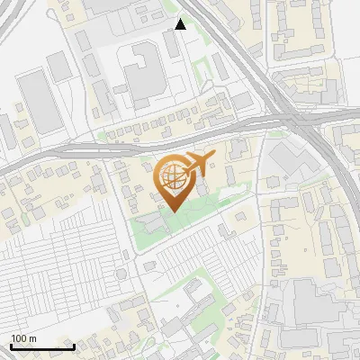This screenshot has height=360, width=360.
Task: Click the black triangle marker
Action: point(181,24)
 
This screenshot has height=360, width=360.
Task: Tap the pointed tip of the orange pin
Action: point(171,211)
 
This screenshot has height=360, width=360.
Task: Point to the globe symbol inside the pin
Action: point(171,177)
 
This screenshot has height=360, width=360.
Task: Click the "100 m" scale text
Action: point(23,338)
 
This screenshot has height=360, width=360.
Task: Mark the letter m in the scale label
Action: point(32,338)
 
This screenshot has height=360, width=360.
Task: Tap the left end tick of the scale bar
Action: point(11,345)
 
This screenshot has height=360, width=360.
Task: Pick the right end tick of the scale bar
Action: point(74,345)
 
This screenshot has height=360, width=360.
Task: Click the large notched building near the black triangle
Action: point(142,72)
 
